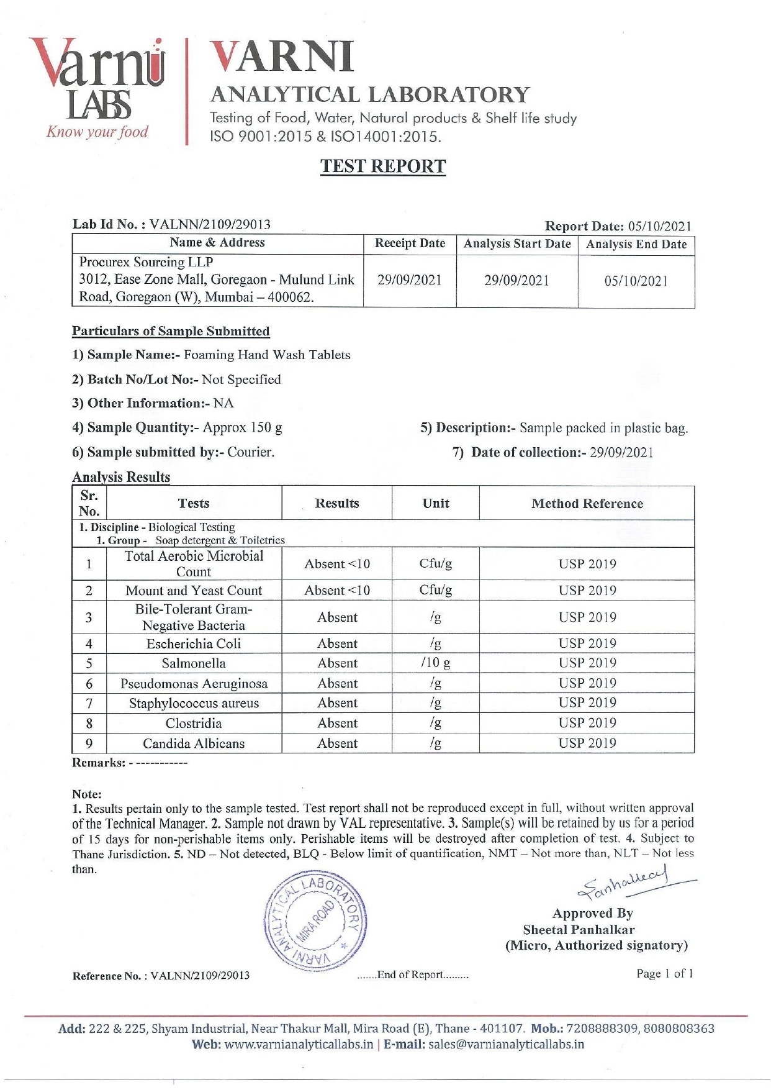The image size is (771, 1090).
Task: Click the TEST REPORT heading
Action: tap(383, 166)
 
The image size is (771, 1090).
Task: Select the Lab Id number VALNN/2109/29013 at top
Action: tap(210, 224)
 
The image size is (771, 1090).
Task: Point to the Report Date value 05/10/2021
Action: tap(659, 227)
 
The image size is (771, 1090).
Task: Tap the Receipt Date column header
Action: tap(410, 243)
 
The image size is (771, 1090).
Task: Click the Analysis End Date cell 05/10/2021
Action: tap(636, 281)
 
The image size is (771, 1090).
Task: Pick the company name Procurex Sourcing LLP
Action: tap(147, 262)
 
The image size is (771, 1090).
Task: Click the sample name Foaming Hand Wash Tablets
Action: tap(267, 355)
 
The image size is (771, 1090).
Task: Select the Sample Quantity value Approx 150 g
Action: tap(243, 428)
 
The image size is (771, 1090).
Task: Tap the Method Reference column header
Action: tap(587, 504)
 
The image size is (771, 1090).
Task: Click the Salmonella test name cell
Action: tap(194, 663)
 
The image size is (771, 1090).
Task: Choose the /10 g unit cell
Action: tap(436, 663)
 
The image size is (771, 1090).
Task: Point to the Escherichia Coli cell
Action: tap(194, 643)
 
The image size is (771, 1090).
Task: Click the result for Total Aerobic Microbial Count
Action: tap(337, 564)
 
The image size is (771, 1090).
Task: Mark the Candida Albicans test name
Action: tap(194, 743)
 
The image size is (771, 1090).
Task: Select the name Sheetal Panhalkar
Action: tap(579, 930)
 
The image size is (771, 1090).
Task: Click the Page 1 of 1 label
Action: tap(664, 973)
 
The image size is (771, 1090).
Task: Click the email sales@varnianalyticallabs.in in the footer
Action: tap(506, 1044)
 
